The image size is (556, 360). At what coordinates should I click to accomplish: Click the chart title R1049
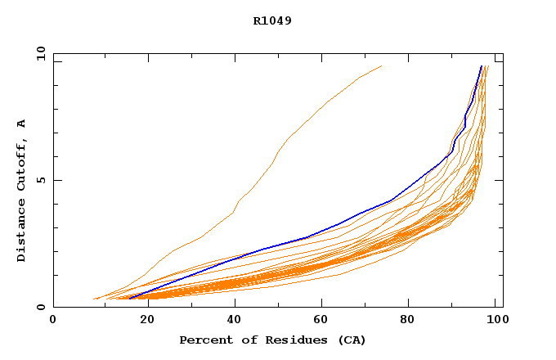272,20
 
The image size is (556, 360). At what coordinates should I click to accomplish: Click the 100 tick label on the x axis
495,320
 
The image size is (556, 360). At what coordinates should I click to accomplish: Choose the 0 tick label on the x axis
53,320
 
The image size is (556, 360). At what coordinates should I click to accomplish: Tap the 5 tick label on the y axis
40,180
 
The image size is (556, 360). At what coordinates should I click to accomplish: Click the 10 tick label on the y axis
40,53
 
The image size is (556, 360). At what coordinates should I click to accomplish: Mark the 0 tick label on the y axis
40,308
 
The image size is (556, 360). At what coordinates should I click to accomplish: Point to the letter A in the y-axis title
21,124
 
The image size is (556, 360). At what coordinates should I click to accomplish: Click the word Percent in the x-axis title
204,340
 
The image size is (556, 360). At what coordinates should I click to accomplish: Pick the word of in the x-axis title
244,340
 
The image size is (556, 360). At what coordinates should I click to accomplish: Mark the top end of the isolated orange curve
381,66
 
